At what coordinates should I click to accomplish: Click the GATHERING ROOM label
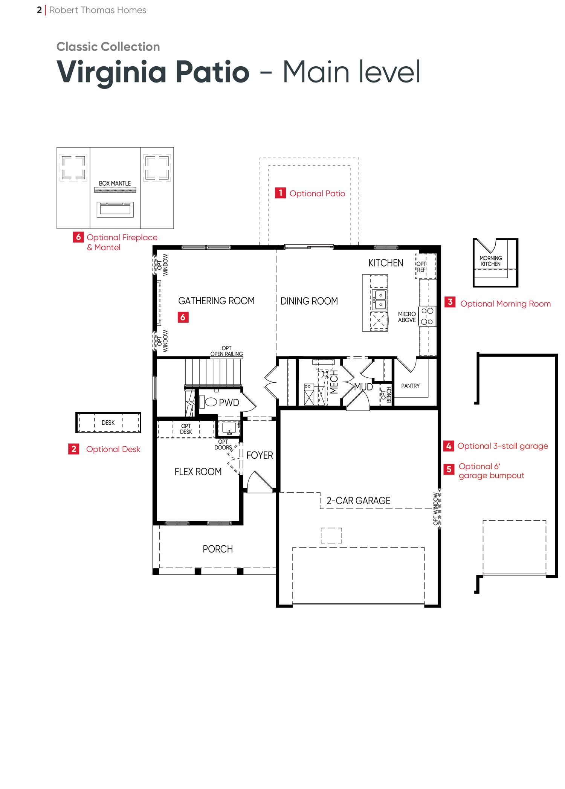click(216, 301)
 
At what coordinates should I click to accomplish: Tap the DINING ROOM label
click(309, 301)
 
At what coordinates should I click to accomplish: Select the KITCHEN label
click(386, 263)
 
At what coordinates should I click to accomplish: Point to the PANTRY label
click(410, 386)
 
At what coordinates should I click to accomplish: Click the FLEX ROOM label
click(198, 472)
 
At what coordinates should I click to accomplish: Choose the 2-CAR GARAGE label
click(358, 501)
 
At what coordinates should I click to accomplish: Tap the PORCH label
click(218, 549)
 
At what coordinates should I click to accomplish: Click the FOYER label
click(260, 455)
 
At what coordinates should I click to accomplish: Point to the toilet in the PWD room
click(208, 402)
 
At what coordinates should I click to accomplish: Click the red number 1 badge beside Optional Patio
click(280, 193)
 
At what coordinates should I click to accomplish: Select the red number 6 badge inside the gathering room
click(183, 317)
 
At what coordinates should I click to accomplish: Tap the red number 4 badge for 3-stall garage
click(449, 446)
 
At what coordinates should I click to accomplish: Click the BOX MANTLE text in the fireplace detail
click(115, 183)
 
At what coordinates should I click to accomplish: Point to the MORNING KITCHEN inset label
click(491, 261)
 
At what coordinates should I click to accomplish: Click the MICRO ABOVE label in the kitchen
click(407, 317)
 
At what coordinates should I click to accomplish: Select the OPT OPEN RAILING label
click(226, 351)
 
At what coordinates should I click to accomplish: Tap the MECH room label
click(334, 382)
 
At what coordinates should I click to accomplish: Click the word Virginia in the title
click(111, 72)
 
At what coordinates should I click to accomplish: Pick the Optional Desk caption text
click(113, 449)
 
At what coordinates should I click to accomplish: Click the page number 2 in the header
click(39, 10)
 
